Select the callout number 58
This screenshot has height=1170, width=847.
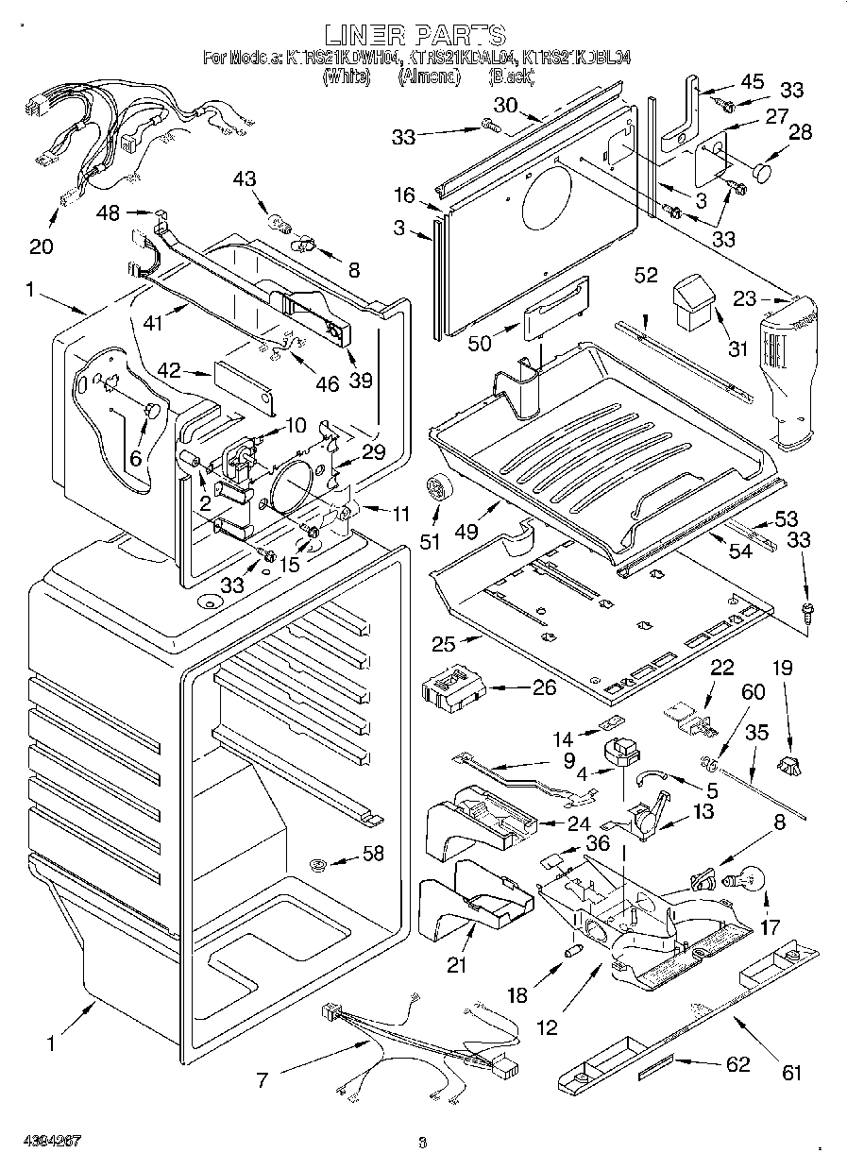click(374, 855)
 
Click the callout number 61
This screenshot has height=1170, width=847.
click(790, 1071)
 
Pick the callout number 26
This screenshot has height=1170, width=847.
click(544, 687)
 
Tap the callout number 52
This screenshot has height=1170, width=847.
click(646, 275)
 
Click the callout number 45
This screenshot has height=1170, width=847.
click(753, 82)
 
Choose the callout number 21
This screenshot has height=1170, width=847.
click(456, 964)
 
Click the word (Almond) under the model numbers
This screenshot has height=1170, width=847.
click(428, 77)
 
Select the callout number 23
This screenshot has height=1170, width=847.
click(744, 299)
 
